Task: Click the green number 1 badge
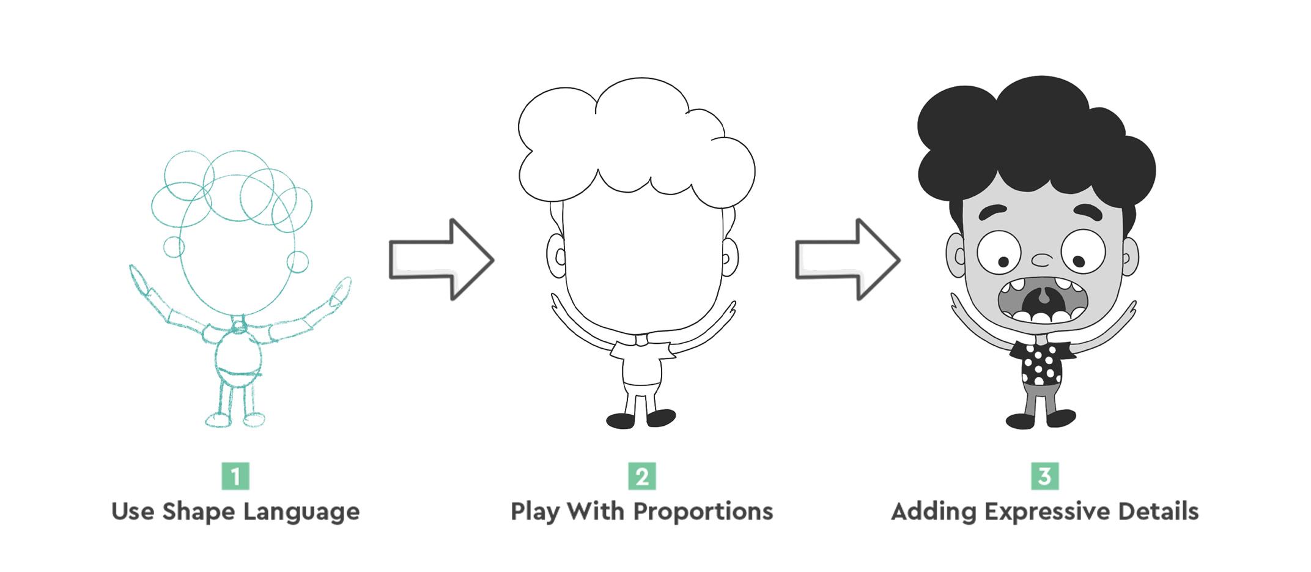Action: click(x=235, y=476)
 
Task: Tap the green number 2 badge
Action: click(x=642, y=476)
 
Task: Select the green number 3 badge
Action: click(x=1044, y=476)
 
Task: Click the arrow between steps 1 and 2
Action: click(x=441, y=259)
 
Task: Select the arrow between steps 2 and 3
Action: click(x=848, y=259)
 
